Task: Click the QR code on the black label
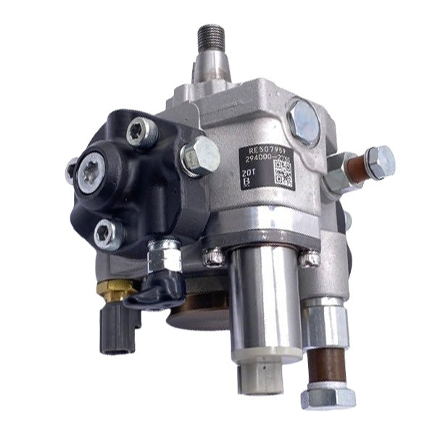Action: pos(283,175)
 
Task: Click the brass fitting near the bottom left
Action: pos(113,289)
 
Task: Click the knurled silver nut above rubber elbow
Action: pos(165,255)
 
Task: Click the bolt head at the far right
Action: pos(380,161)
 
